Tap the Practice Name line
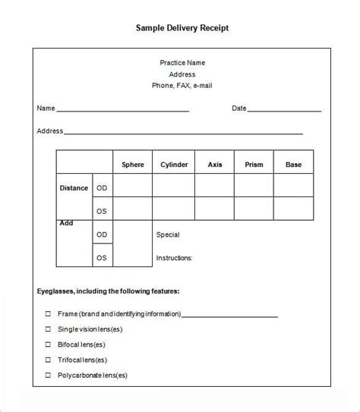[182, 62]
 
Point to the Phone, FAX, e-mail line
[182, 86]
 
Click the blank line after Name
[122, 111]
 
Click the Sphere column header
[133, 164]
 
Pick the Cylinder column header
[173, 164]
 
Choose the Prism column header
[254, 164]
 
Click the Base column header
[293, 164]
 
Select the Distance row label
[74, 187]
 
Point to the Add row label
[66, 224]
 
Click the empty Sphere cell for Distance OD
[133, 186]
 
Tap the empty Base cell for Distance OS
[293, 209]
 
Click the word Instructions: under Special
[174, 258]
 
